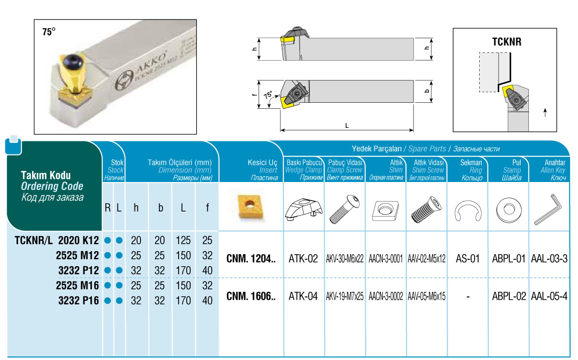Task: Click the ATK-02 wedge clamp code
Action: [303, 259]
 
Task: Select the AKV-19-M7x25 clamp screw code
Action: [345, 296]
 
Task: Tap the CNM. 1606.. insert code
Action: [251, 296]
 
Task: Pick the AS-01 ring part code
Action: [468, 259]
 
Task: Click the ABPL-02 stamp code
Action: [509, 296]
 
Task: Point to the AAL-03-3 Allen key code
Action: [549, 259]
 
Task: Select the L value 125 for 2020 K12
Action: [183, 241]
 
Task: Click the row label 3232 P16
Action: [78, 301]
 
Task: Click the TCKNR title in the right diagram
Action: [506, 42]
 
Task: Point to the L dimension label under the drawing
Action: [347, 126]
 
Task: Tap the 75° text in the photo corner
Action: [49, 32]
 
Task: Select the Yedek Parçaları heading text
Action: [377, 149]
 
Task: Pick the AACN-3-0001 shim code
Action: [385, 259]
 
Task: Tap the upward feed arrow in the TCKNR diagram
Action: [545, 113]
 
